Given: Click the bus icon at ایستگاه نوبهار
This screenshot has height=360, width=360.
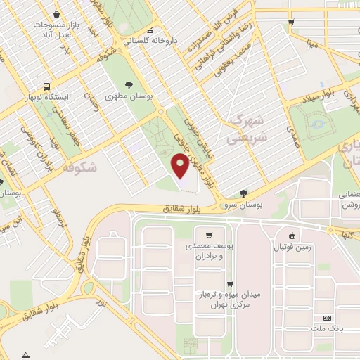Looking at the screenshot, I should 46,85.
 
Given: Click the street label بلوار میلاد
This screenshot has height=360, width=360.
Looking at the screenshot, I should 320,98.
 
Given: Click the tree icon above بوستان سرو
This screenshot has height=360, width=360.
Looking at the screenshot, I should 243,192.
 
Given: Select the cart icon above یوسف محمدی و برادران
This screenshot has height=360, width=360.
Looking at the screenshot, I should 209,235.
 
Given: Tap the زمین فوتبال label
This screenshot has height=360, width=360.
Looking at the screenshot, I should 296,247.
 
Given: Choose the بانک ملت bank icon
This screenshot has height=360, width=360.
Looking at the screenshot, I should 326,319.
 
